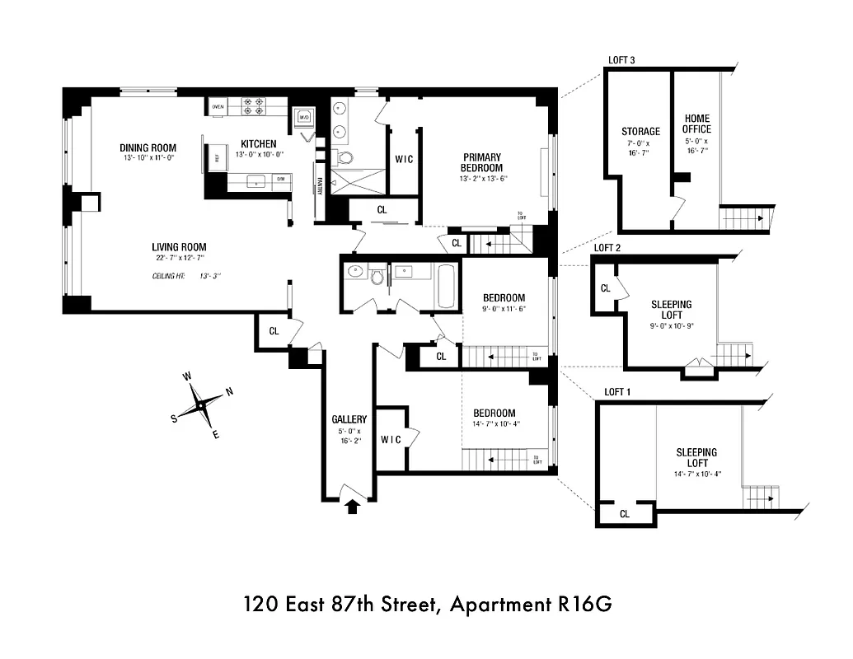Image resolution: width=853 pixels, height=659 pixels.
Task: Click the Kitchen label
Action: tap(258, 144)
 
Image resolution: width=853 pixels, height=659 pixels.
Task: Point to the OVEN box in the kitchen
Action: tap(218, 107)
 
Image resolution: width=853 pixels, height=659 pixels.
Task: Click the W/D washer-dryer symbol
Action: tap(303, 117)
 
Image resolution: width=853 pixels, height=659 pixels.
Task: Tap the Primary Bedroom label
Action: tap(482, 162)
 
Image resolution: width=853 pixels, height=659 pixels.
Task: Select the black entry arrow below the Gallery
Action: tap(352, 506)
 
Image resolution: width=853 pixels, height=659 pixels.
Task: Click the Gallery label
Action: tap(349, 418)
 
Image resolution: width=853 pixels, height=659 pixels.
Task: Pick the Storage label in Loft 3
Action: tap(640, 131)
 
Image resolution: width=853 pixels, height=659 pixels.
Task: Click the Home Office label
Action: tap(696, 124)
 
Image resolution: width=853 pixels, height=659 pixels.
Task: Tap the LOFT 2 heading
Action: tap(607, 247)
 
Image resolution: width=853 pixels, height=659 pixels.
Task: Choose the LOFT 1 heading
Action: tap(617, 392)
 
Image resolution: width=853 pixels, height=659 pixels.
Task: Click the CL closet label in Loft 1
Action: tap(624, 514)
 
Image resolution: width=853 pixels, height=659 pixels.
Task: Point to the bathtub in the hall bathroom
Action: tap(444, 284)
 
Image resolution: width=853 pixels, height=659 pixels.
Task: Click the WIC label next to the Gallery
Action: tap(391, 439)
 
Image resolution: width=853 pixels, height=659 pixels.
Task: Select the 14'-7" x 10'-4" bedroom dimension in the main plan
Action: tap(494, 424)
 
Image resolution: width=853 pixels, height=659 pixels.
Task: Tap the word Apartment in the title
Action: tap(501, 605)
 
